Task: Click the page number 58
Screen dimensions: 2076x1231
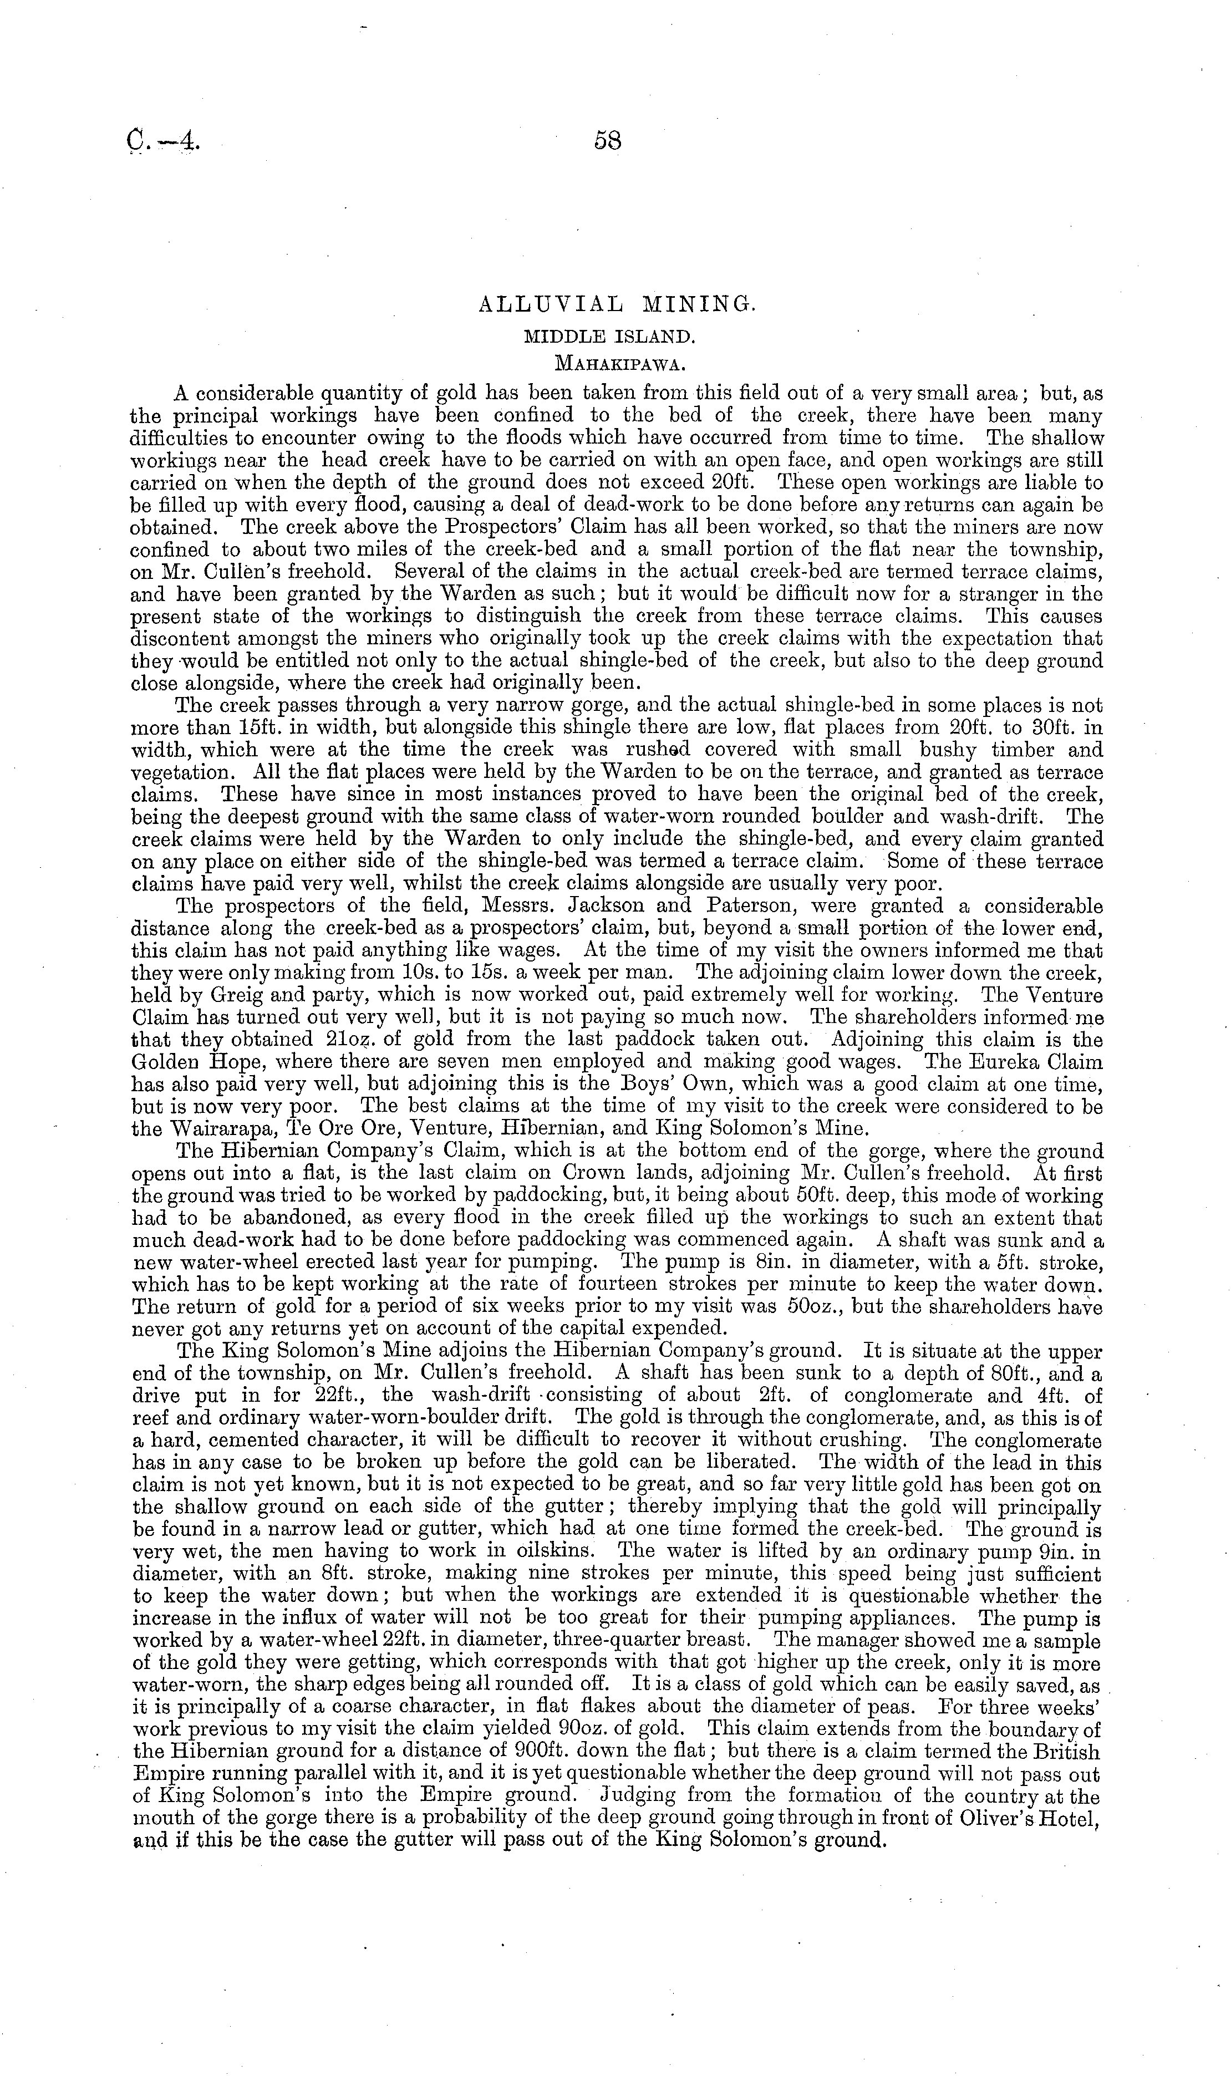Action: [608, 141]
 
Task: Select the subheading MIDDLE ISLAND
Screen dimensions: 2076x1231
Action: [618, 336]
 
